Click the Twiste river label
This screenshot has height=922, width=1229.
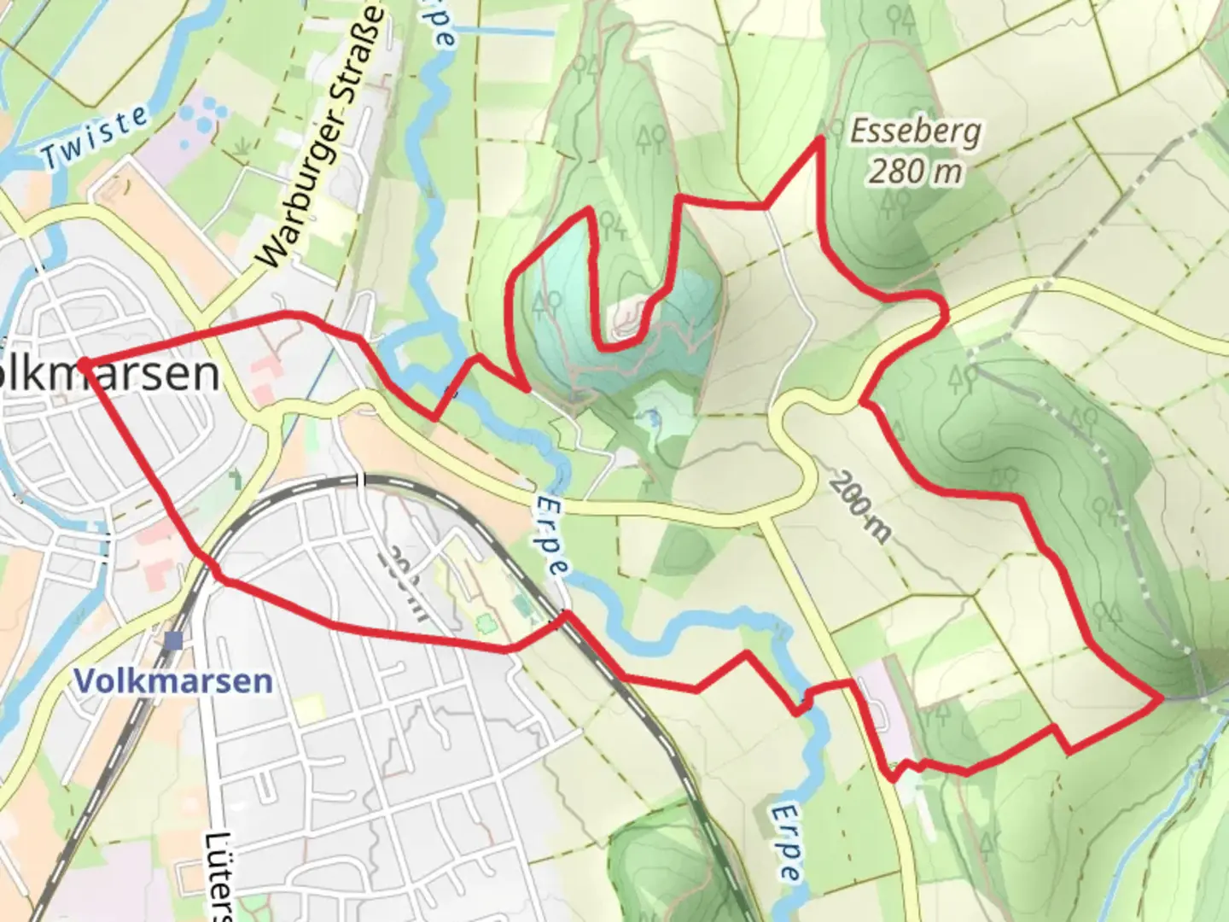click(x=96, y=138)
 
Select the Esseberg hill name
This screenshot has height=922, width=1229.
click(x=915, y=132)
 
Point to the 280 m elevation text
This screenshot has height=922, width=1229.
click(x=915, y=172)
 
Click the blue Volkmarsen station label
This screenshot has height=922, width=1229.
click(x=173, y=681)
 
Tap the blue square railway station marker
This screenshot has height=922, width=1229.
click(x=175, y=639)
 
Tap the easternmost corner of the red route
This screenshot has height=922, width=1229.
click(x=1161, y=698)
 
